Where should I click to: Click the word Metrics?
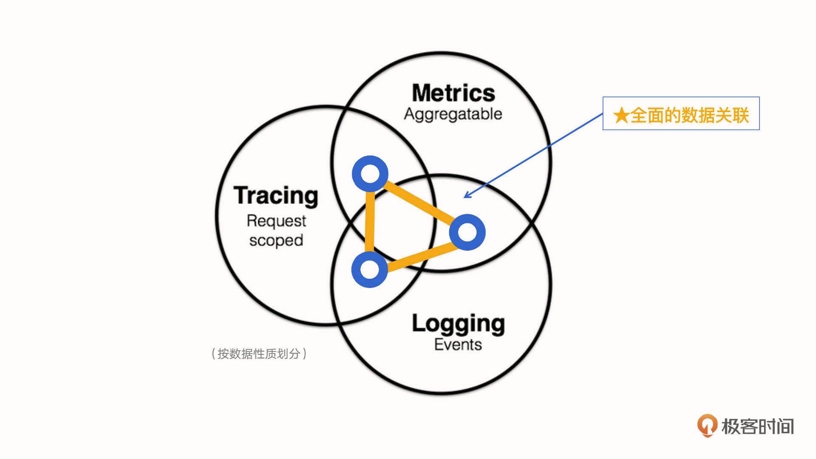[453, 93]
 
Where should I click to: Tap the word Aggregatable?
[453, 114]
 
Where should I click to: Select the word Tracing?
[276, 196]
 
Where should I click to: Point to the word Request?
[276, 221]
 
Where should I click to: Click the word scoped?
[276, 241]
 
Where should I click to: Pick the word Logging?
[458, 324]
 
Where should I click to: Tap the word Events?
[458, 344]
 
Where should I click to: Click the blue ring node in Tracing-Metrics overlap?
[370, 173]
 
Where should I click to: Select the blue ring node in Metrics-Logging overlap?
[467, 232]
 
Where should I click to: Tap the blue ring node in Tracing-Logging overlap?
[369, 269]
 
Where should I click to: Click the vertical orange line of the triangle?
[370, 221]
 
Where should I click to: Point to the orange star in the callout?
[621, 115]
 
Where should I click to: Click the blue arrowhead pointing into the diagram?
[466, 195]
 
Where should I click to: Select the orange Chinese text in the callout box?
[689, 115]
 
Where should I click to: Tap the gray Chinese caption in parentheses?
[259, 354]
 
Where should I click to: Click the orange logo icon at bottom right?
[707, 425]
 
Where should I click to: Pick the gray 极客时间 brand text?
[757, 426]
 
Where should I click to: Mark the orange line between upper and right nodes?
[419, 203]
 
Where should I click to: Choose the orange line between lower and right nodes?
[419, 257]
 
